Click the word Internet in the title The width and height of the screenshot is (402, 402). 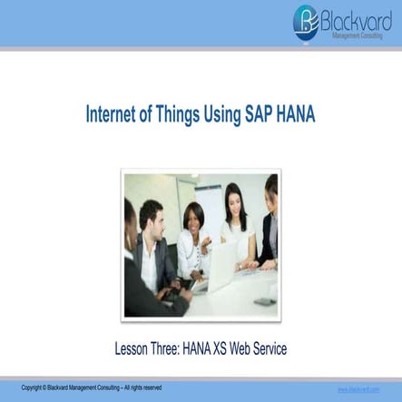113,116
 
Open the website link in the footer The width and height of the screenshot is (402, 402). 358,388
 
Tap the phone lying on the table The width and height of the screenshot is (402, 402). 263,299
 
